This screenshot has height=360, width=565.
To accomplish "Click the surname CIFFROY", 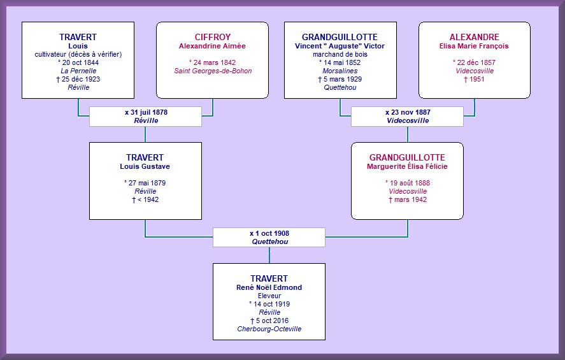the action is (213, 37).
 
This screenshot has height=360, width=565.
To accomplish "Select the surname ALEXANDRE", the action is (474, 37).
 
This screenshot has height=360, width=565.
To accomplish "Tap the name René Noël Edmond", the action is (269, 287).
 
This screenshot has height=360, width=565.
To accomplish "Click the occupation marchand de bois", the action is (340, 54).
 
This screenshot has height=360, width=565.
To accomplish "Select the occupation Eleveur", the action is (269, 296).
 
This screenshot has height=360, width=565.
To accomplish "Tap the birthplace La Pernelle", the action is (78, 71).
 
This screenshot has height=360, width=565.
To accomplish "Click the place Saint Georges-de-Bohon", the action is (213, 71).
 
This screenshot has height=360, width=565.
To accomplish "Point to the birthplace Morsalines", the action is (340, 71).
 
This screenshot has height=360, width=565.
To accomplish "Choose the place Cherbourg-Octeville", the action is (269, 329).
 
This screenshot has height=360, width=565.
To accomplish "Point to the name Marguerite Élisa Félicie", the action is (407, 166).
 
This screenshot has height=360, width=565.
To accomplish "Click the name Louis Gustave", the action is (145, 166).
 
